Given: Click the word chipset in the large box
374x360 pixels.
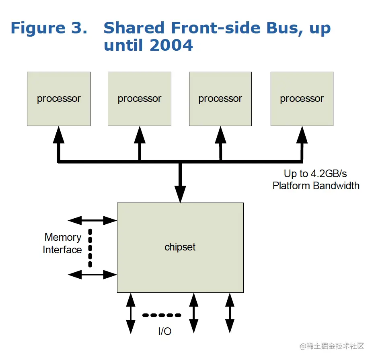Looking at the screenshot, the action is point(180,247).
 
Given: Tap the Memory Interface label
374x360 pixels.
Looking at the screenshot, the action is point(62,244).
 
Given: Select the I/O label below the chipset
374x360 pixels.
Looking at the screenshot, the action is point(165,331).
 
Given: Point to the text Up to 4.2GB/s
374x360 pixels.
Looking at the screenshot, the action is point(315,174).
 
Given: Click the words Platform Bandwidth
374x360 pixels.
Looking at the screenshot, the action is point(316,186).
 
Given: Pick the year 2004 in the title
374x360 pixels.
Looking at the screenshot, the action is point(172,45).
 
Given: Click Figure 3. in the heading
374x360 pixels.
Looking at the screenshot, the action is point(49,28).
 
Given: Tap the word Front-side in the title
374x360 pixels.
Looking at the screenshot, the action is point(216,28).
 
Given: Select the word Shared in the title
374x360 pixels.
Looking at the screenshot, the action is point(134,28).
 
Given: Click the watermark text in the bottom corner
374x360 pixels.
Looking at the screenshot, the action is point(332,346).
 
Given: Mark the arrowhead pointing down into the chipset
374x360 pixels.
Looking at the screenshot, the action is point(180,194).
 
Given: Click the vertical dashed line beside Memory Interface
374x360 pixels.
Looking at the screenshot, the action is point(90,248).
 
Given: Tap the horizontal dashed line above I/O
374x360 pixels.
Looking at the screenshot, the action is point(162,315).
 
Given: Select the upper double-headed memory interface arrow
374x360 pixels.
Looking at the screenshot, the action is point(92,221).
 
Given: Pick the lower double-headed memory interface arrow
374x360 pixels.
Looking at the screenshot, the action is point(92,275).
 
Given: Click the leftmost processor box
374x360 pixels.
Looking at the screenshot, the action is point(59,99).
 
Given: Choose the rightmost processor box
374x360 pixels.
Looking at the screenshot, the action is point(302,99).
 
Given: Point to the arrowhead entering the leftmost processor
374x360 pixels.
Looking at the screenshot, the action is point(59,135).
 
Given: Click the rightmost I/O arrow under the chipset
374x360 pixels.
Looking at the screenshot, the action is point(230,313).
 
